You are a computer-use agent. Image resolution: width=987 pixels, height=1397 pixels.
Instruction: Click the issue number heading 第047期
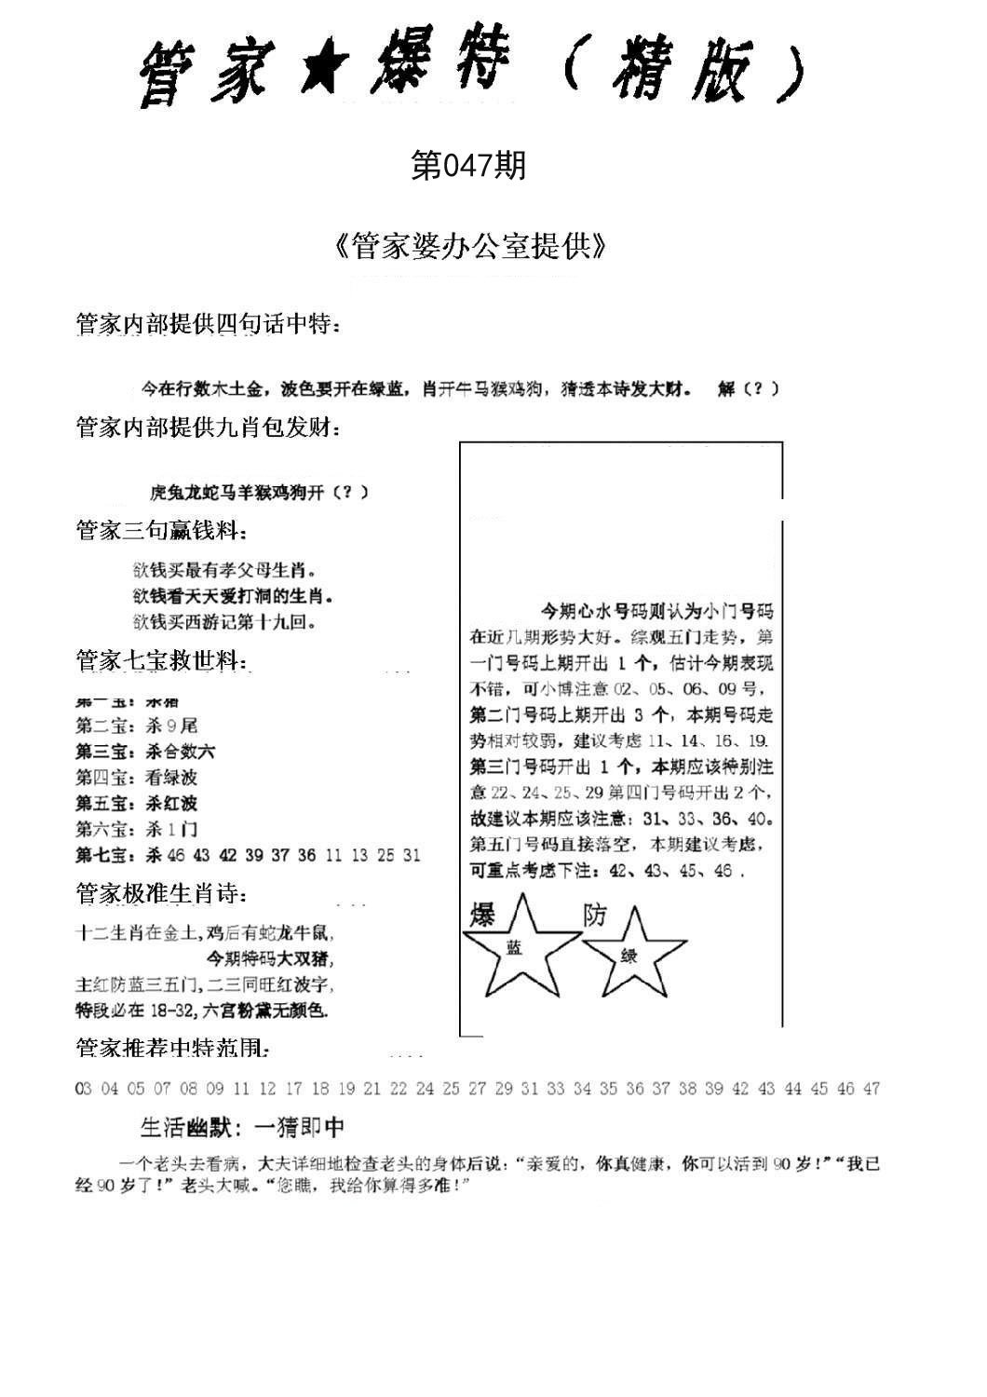tap(468, 166)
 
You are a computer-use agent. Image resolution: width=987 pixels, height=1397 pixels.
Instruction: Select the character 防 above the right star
tap(594, 915)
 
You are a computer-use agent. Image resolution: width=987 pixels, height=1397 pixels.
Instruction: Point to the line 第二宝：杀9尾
tap(136, 726)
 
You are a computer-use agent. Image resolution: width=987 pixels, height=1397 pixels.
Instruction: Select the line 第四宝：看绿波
tap(136, 777)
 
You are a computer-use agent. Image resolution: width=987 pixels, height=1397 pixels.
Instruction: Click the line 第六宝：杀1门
tap(136, 829)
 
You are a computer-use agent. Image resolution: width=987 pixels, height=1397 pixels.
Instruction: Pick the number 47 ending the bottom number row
tap(871, 1089)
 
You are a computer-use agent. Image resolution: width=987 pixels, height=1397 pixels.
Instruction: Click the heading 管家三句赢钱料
tap(161, 532)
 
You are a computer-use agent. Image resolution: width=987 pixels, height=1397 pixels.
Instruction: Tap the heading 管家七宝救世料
tap(161, 661)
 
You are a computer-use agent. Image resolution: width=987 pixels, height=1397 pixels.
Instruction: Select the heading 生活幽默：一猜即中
tap(242, 1128)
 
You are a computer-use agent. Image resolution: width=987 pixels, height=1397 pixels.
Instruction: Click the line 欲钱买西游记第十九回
tap(224, 621)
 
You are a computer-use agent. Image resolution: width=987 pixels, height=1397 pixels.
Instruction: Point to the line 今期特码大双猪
tap(266, 957)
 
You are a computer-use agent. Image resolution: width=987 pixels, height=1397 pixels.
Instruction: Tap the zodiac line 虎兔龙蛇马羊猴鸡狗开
tap(258, 493)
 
